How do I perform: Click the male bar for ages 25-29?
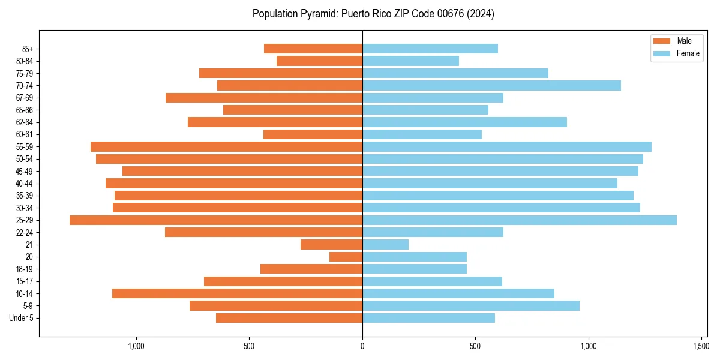click(216, 220)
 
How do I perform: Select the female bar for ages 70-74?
click(491, 86)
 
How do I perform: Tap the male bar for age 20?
click(346, 257)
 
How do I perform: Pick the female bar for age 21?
click(385, 245)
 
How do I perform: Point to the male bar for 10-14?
click(237, 293)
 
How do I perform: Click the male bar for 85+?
click(313, 49)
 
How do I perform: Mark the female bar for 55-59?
click(507, 147)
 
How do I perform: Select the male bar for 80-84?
click(319, 61)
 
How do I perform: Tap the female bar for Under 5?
click(428, 318)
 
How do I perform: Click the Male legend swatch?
click(661, 41)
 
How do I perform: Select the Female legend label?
click(688, 53)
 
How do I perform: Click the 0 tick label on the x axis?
click(362, 346)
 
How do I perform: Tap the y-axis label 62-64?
click(25, 122)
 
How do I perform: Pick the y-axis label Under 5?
click(22, 318)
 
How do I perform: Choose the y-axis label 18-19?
click(25, 269)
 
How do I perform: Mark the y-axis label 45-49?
click(25, 172)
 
